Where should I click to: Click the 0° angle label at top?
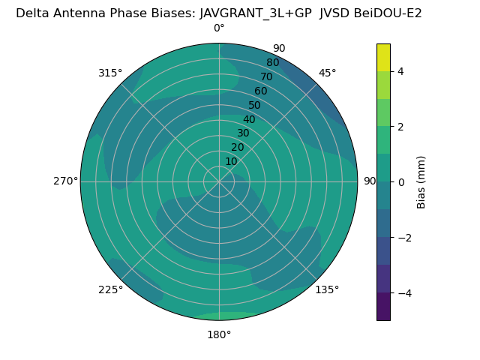219,28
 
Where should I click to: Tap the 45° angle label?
328,73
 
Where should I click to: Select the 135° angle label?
327,289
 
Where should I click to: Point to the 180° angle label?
219,334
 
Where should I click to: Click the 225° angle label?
110,289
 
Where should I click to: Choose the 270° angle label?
65,181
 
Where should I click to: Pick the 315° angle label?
110,73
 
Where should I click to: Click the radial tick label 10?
231,161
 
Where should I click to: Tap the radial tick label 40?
249,120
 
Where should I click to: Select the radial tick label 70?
266,76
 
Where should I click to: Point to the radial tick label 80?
272,63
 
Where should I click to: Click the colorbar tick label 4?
401,71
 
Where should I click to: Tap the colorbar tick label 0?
401,182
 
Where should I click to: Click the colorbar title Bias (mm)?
421,181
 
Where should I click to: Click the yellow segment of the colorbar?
383,57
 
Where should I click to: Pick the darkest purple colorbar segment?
383,307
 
